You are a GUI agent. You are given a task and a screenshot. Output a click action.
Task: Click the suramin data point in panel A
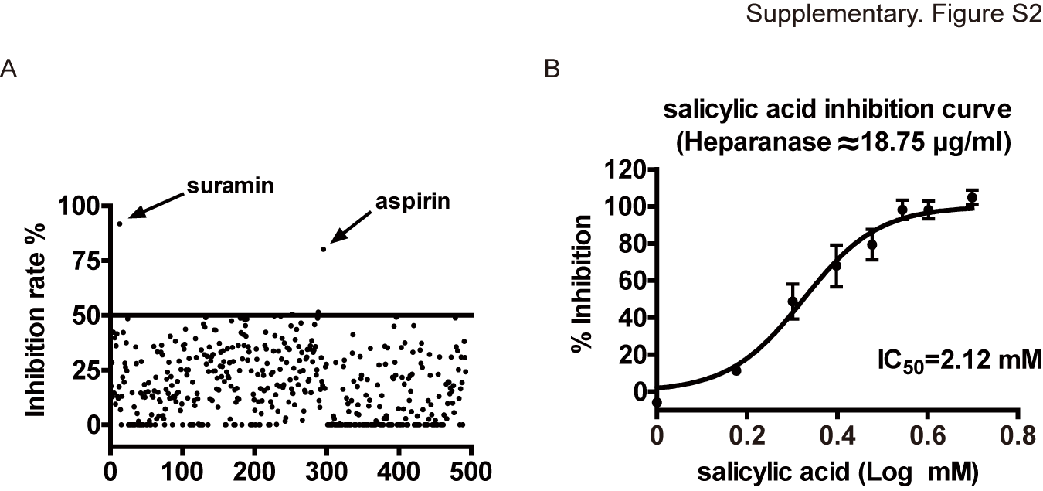click(119, 223)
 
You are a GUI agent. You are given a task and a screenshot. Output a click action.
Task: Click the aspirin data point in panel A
click(324, 248)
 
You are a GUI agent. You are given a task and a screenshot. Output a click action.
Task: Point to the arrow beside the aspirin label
click(351, 229)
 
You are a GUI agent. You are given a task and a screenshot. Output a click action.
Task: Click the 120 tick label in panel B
click(626, 169)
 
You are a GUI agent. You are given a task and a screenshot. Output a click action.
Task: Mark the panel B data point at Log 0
click(657, 403)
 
